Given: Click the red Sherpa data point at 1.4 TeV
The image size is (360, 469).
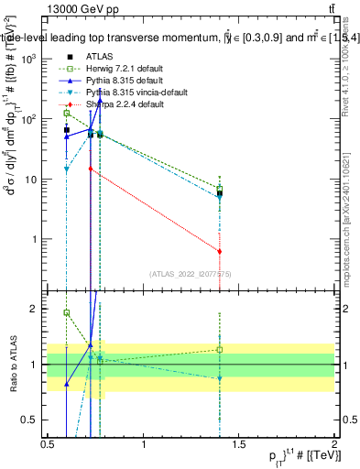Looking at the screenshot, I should click(220, 251).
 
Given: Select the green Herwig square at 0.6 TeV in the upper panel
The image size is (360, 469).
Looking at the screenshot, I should click(67, 113).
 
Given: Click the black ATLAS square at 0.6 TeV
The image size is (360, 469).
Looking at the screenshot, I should click(67, 130).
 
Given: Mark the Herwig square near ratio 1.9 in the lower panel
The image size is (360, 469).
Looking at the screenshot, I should click(67, 312).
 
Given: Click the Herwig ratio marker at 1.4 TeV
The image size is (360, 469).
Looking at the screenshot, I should click(220, 349).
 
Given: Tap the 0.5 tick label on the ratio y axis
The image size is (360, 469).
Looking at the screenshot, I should click(32, 420).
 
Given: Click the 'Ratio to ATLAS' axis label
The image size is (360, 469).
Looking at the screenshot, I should click(11, 365).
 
